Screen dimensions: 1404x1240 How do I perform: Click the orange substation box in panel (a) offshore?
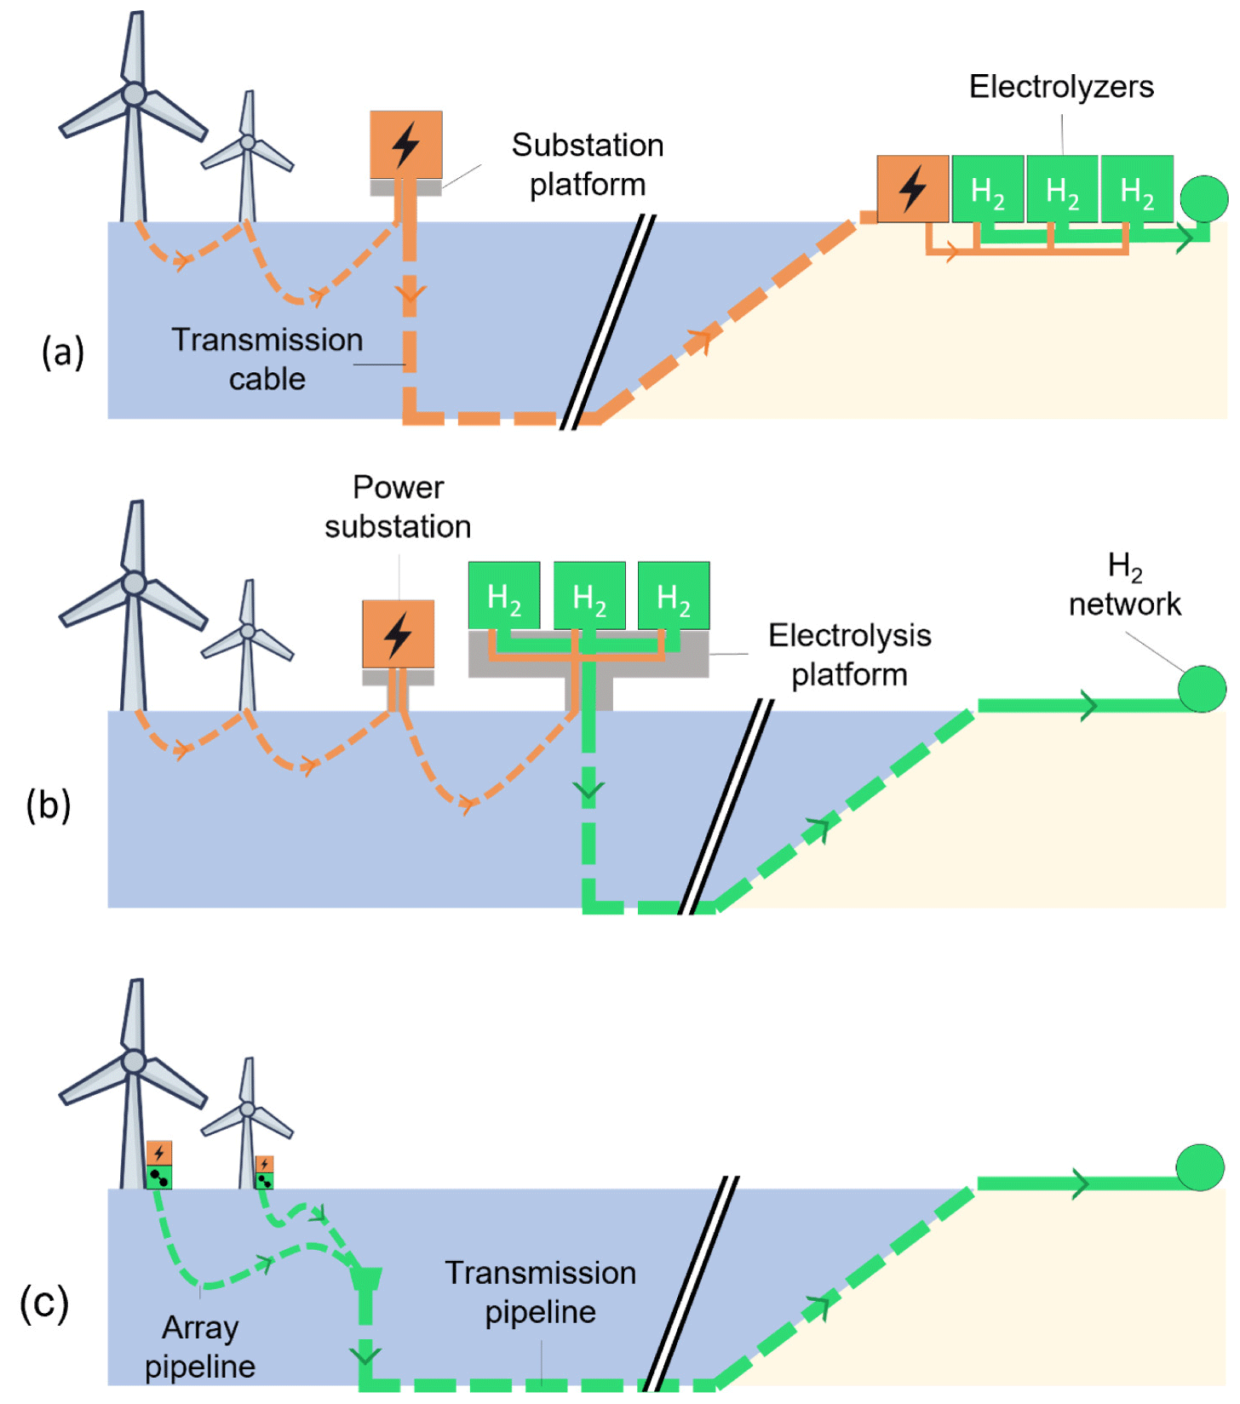(x=405, y=144)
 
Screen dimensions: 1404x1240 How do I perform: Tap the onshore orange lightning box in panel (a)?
(x=913, y=188)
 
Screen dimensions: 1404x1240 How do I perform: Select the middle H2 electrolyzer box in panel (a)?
(x=1062, y=189)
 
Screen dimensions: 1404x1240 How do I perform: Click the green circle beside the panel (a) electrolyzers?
(x=1203, y=198)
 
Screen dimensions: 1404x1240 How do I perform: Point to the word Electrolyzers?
(x=1061, y=87)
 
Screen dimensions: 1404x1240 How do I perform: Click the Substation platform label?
(x=588, y=165)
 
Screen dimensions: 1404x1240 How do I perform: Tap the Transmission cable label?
(x=267, y=359)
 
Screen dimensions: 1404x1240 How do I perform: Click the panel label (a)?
(x=63, y=352)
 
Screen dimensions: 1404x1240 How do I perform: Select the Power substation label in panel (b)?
(x=398, y=507)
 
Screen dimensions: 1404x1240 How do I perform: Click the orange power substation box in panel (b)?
(x=398, y=634)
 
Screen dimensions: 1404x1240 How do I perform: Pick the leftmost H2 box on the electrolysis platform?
(x=504, y=595)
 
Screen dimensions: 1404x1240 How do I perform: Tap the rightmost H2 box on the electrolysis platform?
(x=674, y=595)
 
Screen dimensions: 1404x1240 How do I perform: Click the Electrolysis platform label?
(x=849, y=655)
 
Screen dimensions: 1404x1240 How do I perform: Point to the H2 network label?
(x=1124, y=585)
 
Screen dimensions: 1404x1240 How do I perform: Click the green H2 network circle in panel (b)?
(x=1202, y=689)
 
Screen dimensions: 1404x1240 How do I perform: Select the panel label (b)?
(x=49, y=805)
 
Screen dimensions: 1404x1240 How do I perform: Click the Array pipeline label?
(x=200, y=1347)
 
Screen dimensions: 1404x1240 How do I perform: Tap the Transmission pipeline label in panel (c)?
(x=541, y=1292)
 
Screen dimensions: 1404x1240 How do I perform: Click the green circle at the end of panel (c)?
(x=1200, y=1167)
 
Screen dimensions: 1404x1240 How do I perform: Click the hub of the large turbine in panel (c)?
(x=134, y=1061)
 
